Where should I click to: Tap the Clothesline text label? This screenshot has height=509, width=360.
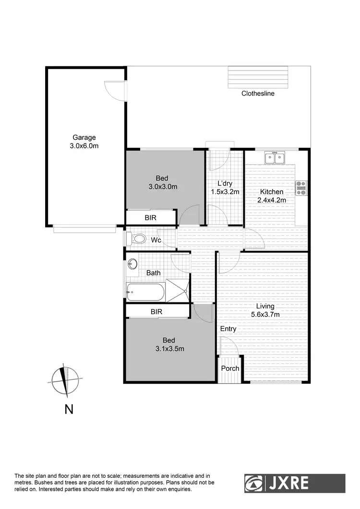pos(258,94)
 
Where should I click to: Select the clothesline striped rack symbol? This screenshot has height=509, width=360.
pos(259,77)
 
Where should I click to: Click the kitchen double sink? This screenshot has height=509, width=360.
pos(275,158)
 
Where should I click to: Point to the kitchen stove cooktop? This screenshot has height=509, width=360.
pos(301,188)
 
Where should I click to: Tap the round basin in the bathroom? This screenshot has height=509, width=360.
pos(133,264)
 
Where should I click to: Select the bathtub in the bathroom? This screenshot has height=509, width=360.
pos(145,292)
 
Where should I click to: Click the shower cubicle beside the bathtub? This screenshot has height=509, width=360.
pos(178,292)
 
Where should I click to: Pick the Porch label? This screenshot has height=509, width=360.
pos(230,368)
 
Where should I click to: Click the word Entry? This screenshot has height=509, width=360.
pos(228,329)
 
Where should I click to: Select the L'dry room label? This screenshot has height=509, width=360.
pos(225,188)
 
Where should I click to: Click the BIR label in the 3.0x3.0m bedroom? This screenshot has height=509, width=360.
pos(150,218)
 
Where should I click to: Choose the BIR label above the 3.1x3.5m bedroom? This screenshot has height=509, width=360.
pos(156,312)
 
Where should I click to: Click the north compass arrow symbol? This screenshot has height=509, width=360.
pos(64,380)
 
